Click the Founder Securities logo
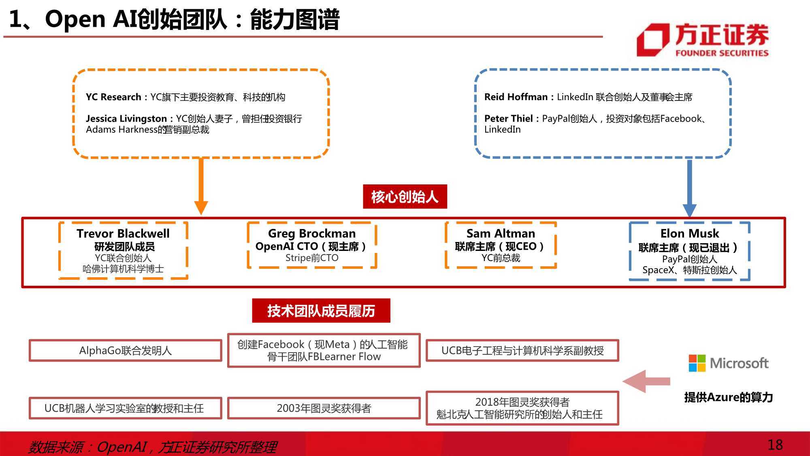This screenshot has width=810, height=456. click(x=703, y=40)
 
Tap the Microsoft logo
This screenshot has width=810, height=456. click(x=728, y=363)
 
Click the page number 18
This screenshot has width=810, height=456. click(x=775, y=445)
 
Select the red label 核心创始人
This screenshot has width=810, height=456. click(x=405, y=197)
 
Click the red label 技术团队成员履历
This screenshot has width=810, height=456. click(x=321, y=311)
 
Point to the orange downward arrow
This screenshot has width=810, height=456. click(x=201, y=186)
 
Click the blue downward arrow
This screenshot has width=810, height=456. click(x=689, y=188)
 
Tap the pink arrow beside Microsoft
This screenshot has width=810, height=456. click(x=646, y=381)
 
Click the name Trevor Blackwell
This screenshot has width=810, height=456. click(x=123, y=233)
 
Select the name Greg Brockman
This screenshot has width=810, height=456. click(x=312, y=233)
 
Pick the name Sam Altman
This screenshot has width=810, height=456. click(x=501, y=233)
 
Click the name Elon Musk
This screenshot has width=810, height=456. click(x=689, y=233)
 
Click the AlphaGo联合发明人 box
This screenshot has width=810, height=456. click(x=126, y=350)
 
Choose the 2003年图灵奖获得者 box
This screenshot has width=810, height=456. click(x=324, y=408)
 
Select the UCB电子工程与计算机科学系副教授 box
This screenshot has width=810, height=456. click(x=522, y=350)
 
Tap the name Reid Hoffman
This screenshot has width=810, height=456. click(x=516, y=97)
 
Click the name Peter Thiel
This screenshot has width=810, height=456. click(x=509, y=118)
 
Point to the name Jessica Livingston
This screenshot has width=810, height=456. click(x=126, y=119)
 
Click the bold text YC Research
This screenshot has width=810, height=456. click(x=113, y=97)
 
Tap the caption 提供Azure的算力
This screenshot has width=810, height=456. click(x=728, y=397)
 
